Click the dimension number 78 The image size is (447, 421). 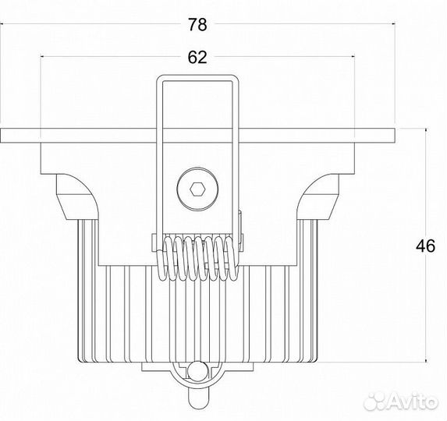(x=197, y=24)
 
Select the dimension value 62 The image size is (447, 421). (x=197, y=57)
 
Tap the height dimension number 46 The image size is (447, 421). (x=426, y=246)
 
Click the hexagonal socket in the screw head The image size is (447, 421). (x=197, y=189)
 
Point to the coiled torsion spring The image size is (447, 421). (x=198, y=258)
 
